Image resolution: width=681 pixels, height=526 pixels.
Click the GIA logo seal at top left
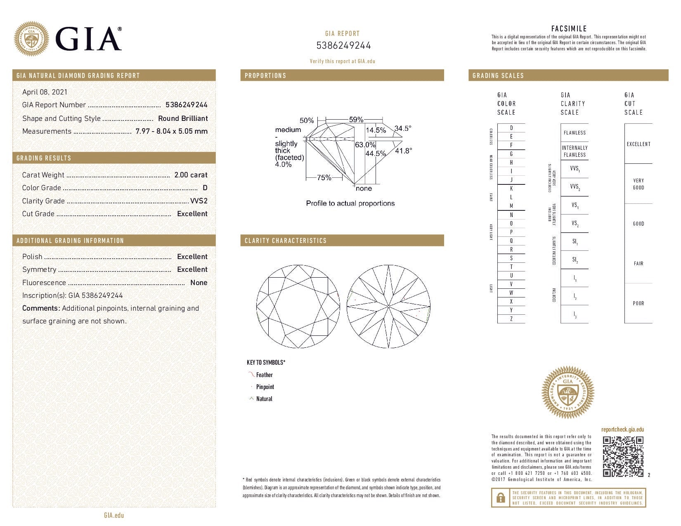pos(31,39)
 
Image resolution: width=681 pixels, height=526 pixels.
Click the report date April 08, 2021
pos(45,92)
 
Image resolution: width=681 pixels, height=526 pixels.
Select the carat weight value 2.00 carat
pos(191,175)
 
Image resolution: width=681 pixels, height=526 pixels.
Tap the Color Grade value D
pos(205,188)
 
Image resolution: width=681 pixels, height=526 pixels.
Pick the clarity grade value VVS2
pos(199,201)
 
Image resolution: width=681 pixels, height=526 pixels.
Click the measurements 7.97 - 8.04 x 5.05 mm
pos(171,131)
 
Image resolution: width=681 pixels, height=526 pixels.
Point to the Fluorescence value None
pos(199,283)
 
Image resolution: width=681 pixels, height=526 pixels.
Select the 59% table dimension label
pos(356,120)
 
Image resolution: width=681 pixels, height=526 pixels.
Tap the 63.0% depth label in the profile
pos(365,145)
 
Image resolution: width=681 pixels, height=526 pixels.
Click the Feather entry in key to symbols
pos(264,375)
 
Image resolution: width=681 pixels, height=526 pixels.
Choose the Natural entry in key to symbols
pos(264,399)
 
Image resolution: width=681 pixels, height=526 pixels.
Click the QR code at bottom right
pos(623,456)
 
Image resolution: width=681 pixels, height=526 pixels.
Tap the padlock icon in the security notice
pos(501,498)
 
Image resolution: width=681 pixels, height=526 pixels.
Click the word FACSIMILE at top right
pos(569,28)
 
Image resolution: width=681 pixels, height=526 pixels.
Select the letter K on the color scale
pos(511,189)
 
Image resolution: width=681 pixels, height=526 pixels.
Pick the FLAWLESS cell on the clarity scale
pos(575,133)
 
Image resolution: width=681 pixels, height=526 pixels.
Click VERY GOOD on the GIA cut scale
pos(638,184)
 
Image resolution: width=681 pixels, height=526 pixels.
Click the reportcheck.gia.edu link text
pos(622,429)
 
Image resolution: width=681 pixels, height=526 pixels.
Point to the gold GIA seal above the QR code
pos(567,392)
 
